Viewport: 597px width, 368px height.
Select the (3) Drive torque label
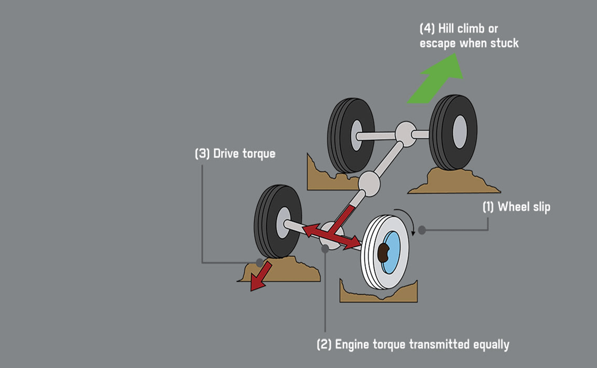(235, 154)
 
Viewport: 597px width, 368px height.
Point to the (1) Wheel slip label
(516, 207)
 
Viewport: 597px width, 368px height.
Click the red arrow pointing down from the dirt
(260, 276)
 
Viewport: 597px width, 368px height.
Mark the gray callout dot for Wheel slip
(422, 230)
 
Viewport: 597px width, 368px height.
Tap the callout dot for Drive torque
(259, 262)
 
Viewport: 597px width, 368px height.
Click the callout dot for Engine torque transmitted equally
(325, 249)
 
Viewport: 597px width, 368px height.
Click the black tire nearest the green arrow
(453, 132)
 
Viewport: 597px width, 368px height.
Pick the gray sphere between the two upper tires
(405, 135)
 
